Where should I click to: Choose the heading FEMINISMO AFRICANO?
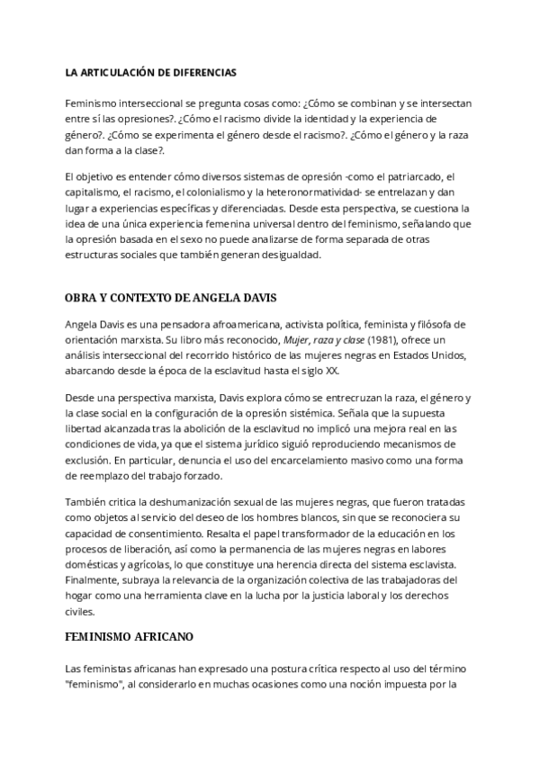pyautogui.click(x=130, y=635)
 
